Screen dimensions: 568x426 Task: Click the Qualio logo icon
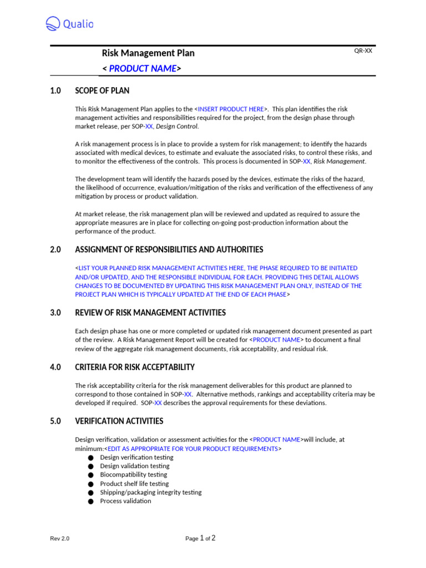tap(53, 23)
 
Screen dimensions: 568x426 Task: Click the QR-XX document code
tap(363, 50)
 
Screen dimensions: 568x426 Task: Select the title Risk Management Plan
tap(148, 53)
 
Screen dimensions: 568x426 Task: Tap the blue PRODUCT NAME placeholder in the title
tap(142, 69)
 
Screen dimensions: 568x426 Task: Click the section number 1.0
tap(55, 90)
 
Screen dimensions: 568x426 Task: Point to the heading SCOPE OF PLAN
tap(102, 90)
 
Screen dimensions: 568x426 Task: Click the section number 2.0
tap(55, 250)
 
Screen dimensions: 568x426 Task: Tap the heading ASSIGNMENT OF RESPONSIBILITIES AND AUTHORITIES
tap(169, 250)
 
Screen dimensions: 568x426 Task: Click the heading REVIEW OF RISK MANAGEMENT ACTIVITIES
tap(150, 313)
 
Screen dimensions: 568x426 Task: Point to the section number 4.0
tap(55, 367)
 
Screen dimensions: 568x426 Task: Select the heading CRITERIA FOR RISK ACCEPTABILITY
tap(135, 367)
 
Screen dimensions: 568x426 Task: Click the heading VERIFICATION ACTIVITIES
tap(119, 421)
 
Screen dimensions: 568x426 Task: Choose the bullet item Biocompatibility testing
tap(134, 475)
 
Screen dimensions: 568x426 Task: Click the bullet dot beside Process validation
tap(91, 501)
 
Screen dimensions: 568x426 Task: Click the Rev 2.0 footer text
tap(60, 539)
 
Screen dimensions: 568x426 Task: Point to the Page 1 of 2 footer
tap(201, 538)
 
